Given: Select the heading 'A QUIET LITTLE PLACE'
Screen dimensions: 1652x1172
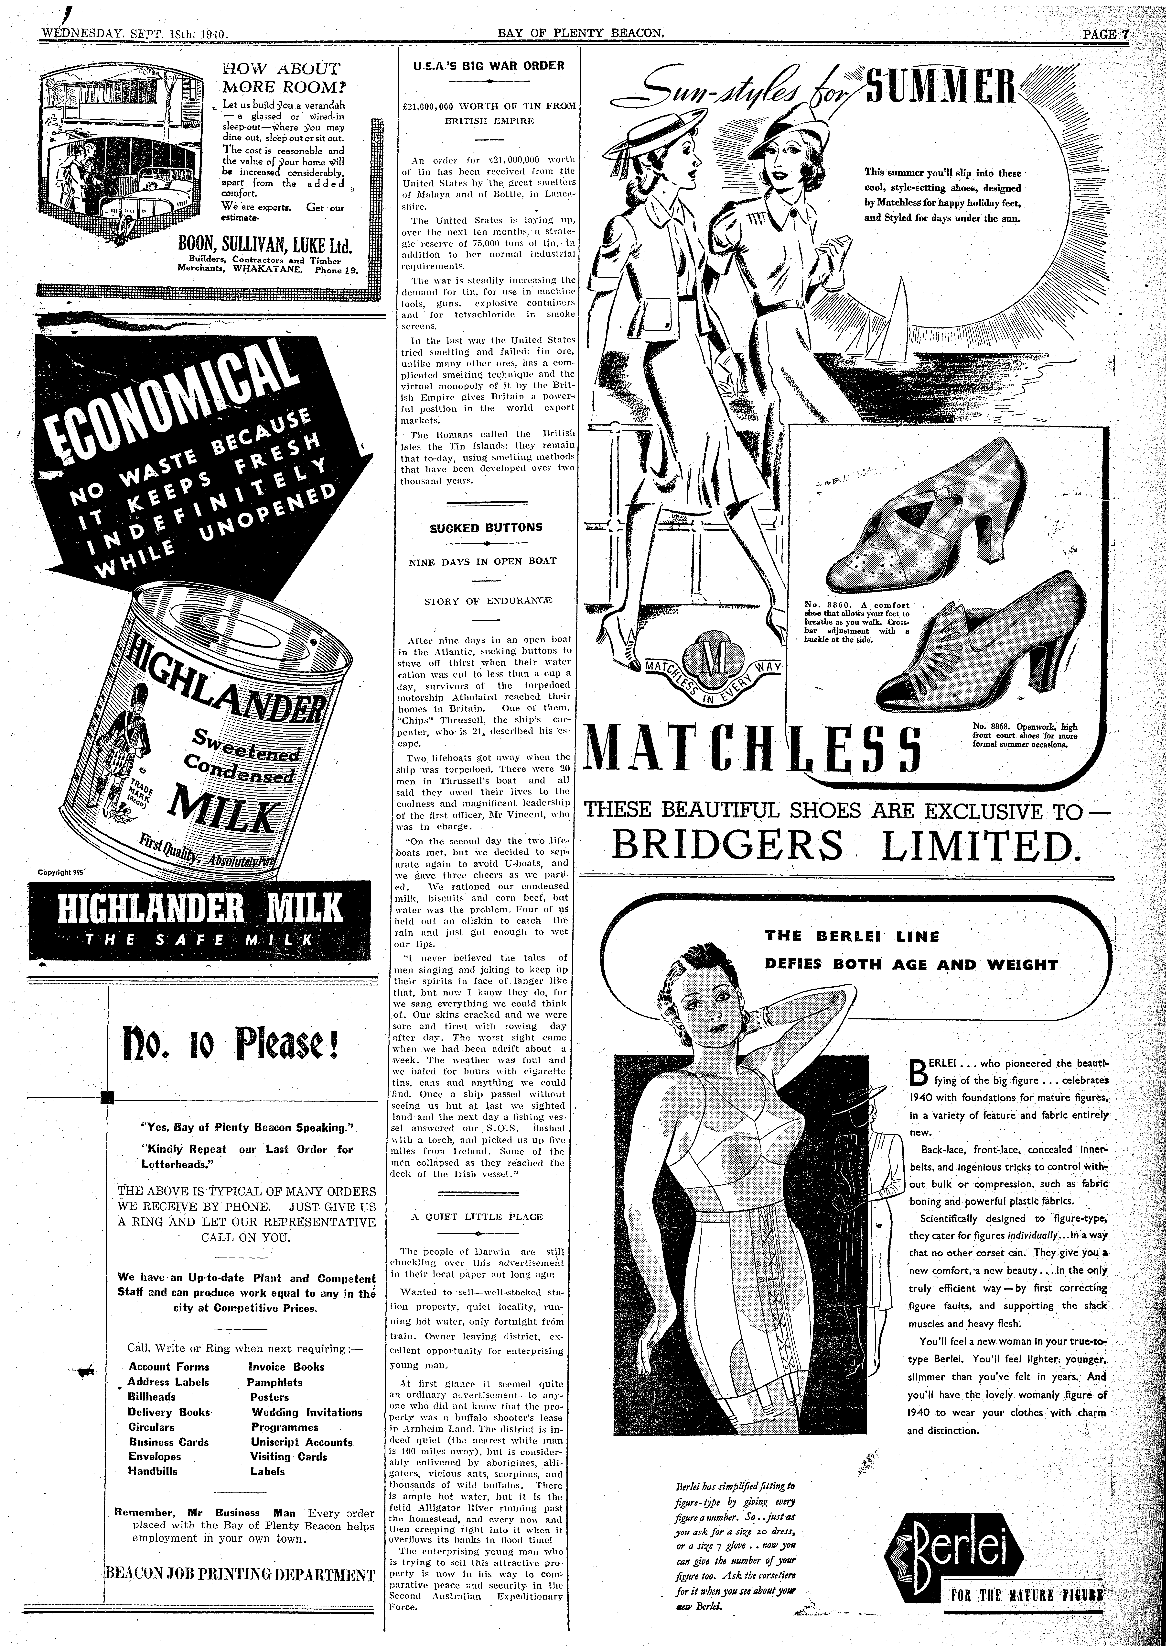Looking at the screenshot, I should [x=476, y=1217].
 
